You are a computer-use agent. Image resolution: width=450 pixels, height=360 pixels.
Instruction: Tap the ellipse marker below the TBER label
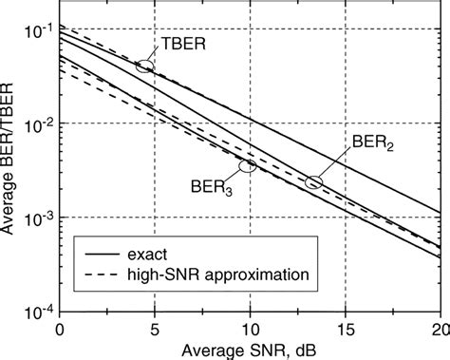[144, 66]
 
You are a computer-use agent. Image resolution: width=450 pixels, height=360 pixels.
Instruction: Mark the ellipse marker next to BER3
[248, 166]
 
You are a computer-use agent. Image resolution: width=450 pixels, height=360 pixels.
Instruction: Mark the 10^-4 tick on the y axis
[37, 309]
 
